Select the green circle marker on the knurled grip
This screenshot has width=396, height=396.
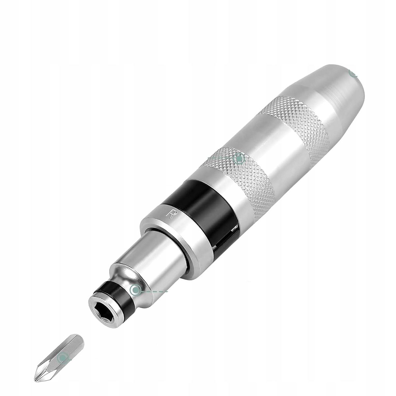click(239, 158)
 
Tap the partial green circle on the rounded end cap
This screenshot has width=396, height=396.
click(353, 74)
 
